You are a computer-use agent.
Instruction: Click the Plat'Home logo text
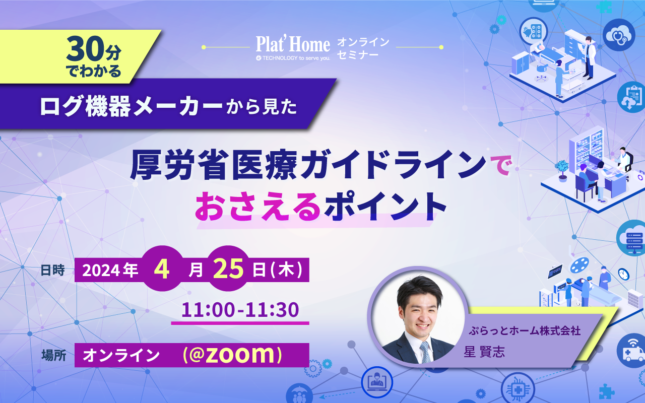[x=293, y=45]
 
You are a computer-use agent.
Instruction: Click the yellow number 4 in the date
[x=162, y=270]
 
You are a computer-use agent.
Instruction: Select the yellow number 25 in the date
[x=228, y=269]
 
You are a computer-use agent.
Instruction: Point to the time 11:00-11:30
[x=240, y=310]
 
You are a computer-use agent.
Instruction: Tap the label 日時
[x=53, y=270]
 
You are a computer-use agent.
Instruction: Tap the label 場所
[x=53, y=355]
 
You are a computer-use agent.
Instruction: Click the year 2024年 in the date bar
[x=110, y=271]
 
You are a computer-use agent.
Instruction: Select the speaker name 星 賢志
[x=484, y=352]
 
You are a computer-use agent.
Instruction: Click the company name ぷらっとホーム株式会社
[x=525, y=331]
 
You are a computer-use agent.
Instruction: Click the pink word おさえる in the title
[x=258, y=207]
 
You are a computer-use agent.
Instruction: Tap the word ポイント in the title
[x=385, y=207]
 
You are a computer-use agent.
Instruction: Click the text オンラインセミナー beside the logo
[x=363, y=48]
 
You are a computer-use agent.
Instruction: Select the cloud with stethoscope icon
[x=619, y=35]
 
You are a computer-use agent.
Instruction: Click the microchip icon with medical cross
[x=518, y=388]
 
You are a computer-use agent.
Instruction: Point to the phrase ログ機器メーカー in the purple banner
[x=131, y=106]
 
